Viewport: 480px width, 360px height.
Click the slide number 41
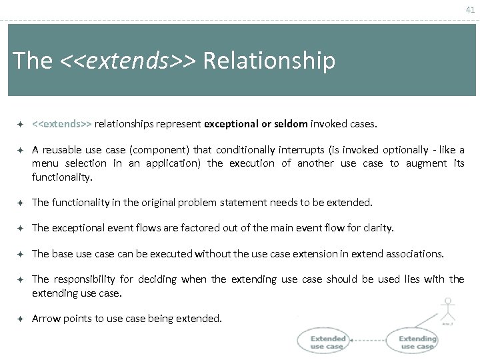click(x=469, y=9)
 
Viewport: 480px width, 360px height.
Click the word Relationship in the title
click(x=269, y=61)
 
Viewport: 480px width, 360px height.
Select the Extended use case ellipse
click(x=327, y=341)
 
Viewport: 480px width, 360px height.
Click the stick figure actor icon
click(x=447, y=309)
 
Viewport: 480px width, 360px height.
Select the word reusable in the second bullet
click(x=68, y=150)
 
